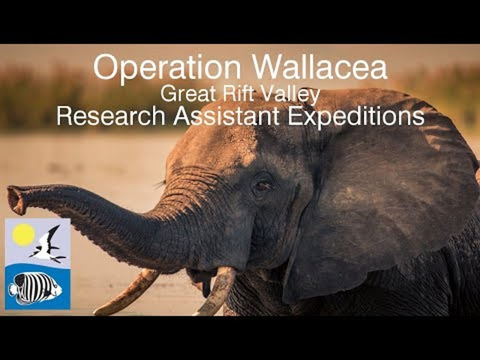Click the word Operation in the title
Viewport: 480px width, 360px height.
tap(167, 70)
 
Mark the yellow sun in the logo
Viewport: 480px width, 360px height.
tap(23, 234)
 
